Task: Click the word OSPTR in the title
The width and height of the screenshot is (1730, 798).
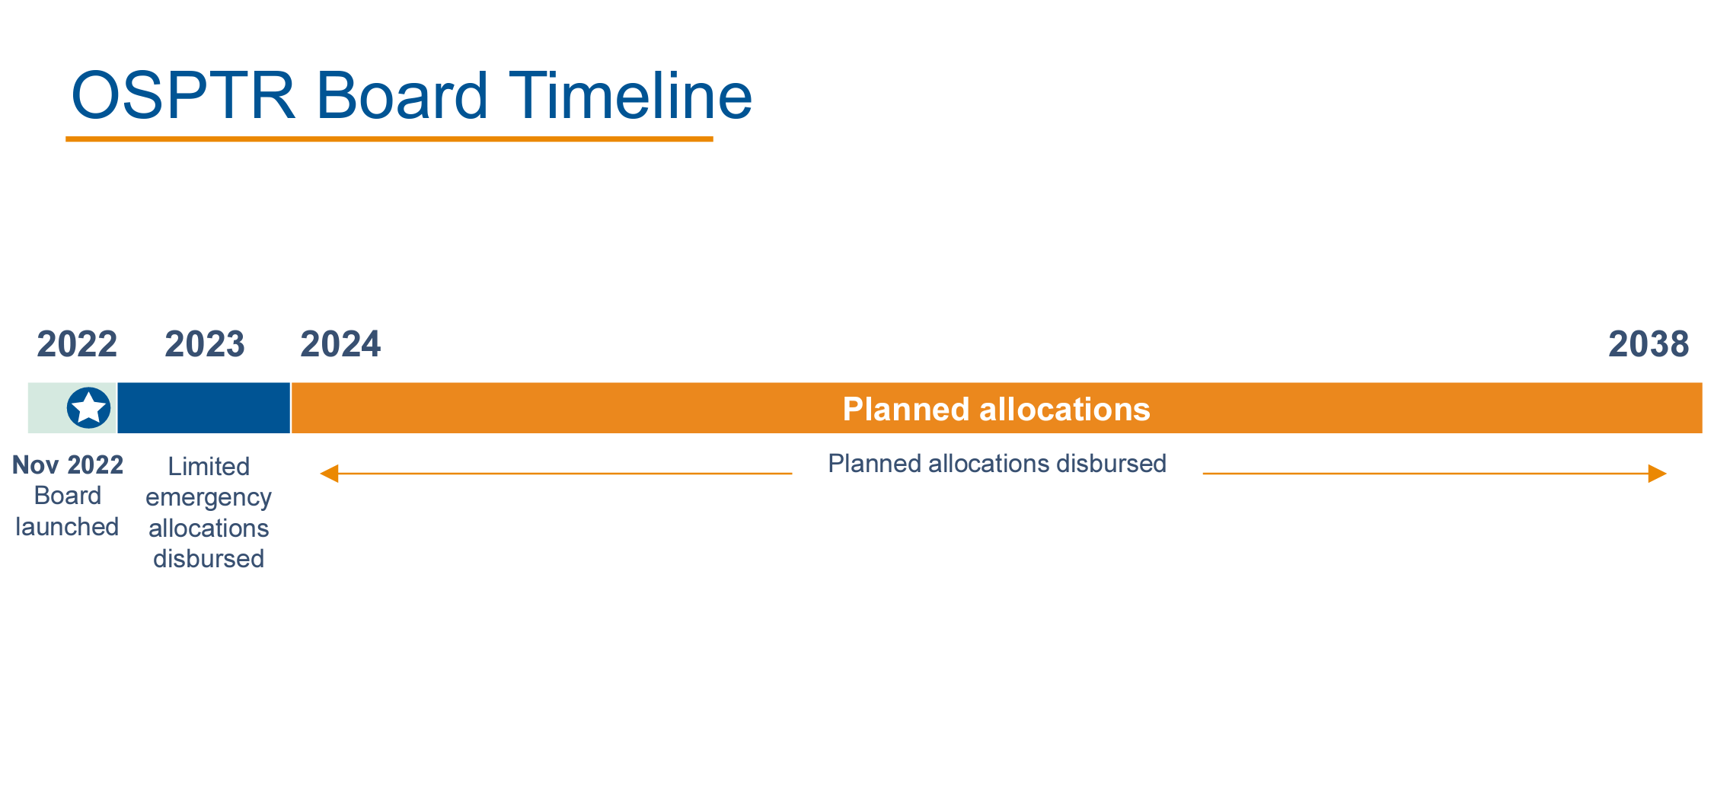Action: [x=183, y=96]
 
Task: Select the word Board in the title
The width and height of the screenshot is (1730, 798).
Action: [x=402, y=96]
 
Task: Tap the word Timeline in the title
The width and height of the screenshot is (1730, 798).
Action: [x=630, y=96]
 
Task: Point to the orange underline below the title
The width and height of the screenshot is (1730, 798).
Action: [x=389, y=139]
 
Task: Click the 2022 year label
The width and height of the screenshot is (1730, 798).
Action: [x=77, y=344]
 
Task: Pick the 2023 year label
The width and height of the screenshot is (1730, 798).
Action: [x=205, y=344]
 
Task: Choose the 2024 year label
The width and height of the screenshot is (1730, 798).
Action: [x=340, y=344]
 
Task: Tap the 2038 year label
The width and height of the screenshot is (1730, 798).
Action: [x=1649, y=344]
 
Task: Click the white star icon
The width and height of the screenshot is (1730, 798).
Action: [x=88, y=408]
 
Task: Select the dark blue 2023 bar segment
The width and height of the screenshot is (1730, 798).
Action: [x=204, y=408]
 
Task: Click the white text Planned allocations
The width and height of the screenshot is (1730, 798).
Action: [x=996, y=410]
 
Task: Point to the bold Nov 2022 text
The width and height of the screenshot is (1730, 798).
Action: [x=68, y=464]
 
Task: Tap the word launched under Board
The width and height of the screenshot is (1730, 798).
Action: [x=67, y=527]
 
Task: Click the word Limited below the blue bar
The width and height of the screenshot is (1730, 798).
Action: [x=209, y=466]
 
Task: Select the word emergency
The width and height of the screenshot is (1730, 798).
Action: [x=209, y=498]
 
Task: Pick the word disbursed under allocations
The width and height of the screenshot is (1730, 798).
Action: [x=209, y=559]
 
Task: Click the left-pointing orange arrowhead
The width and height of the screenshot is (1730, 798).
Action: [x=329, y=474]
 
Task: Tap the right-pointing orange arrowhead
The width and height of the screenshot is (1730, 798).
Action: [x=1658, y=474]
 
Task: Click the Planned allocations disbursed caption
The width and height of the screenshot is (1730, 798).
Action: [x=997, y=464]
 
